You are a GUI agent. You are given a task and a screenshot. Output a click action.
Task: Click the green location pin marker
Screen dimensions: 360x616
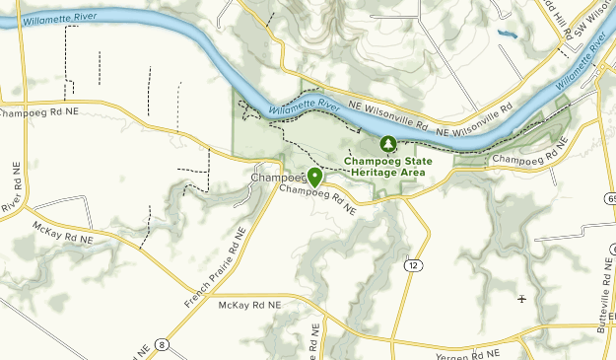tap(314, 178)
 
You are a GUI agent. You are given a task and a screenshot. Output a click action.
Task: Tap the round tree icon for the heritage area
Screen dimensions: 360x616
tap(389, 145)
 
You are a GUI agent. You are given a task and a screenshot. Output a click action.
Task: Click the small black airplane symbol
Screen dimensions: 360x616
tap(521, 298)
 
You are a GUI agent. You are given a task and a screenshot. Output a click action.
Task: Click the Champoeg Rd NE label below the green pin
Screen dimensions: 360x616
tap(316, 197)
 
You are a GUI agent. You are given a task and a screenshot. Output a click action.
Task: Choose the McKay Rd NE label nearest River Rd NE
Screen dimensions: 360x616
tap(62, 233)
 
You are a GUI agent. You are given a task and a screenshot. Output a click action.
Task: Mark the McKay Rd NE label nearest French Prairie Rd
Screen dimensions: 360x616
tap(249, 308)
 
